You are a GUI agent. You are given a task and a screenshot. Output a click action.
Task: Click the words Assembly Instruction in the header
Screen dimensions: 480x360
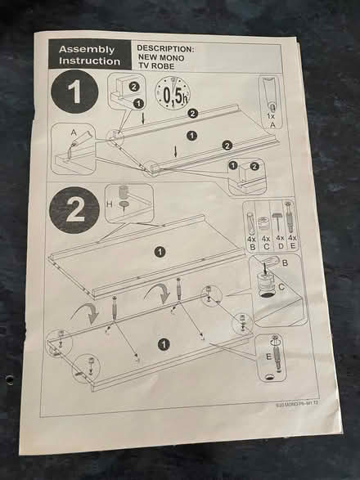pyautogui.click(x=88, y=55)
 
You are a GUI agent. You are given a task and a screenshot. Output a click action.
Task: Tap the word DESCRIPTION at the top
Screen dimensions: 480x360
pyautogui.click(x=165, y=49)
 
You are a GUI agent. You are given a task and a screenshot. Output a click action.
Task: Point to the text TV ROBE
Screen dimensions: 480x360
pyautogui.click(x=156, y=69)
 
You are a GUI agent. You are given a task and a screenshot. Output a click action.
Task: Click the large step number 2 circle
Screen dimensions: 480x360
pyautogui.click(x=74, y=209)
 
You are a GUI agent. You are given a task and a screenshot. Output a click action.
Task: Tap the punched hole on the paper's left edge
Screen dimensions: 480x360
pyautogui.click(x=10, y=379)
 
